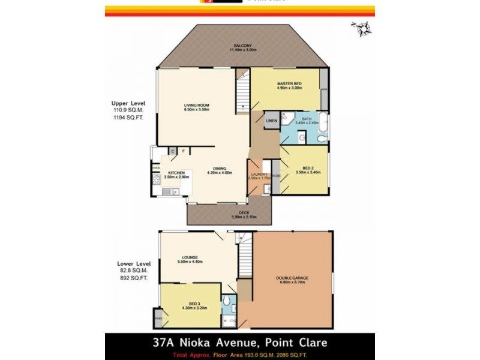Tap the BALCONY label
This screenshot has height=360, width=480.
pos(242,45)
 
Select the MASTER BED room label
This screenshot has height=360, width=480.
pos(289,84)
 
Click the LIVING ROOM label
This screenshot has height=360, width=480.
pos(196,106)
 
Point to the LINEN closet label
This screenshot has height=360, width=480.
pos(271,121)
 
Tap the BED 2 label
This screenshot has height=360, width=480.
pos(308,167)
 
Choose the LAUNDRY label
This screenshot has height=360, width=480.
pos(259,174)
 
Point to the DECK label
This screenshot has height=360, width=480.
pos(244,212)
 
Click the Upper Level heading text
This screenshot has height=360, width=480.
pos(128,103)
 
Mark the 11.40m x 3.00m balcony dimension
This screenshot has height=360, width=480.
pos(243,50)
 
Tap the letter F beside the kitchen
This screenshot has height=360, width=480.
pos(183,151)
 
